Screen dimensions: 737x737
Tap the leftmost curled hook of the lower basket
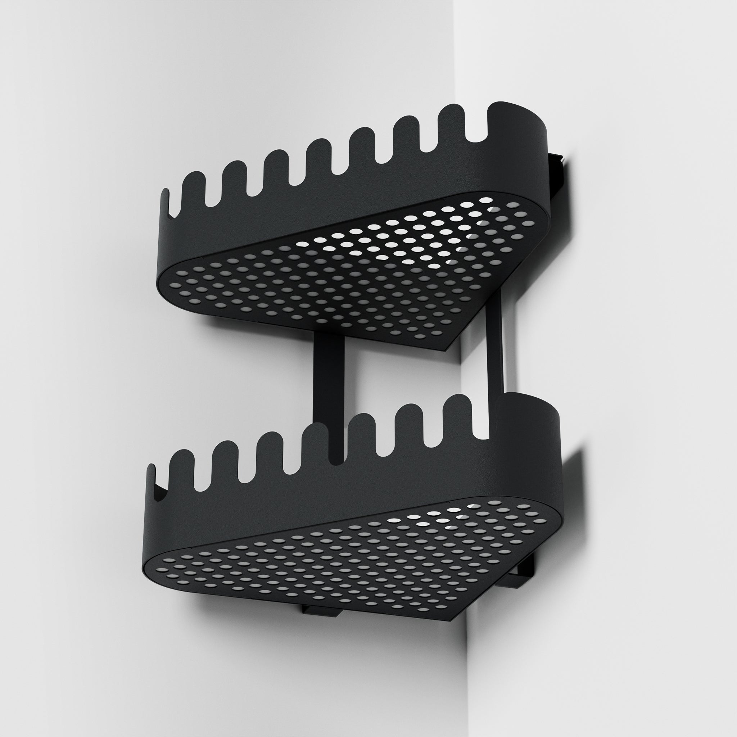153,481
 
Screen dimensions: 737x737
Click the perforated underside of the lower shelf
343,565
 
